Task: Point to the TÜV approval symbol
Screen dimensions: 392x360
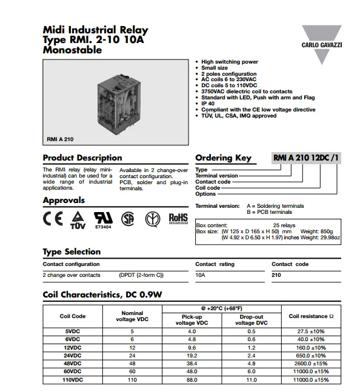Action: pyautogui.click(x=78, y=219)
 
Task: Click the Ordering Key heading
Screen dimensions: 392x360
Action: pyautogui.click(x=223, y=158)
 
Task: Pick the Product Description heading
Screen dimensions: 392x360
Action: pyautogui.click(x=82, y=158)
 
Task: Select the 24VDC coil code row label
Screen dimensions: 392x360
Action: pyautogui.click(x=73, y=355)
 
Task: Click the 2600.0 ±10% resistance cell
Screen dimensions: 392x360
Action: pyautogui.click(x=312, y=363)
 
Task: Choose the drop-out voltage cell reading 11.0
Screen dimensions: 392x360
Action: pyautogui.click(x=250, y=379)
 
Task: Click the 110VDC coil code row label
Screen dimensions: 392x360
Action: pyautogui.click(x=73, y=379)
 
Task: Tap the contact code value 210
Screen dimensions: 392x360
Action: pyautogui.click(x=276, y=275)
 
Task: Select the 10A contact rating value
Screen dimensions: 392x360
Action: pyautogui.click(x=200, y=275)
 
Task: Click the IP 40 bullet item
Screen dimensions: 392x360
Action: pyautogui.click(x=209, y=103)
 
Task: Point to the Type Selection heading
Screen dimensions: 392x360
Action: pyautogui.click(x=72, y=252)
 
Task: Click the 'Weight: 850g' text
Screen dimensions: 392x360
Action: pyautogui.click(x=318, y=231)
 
